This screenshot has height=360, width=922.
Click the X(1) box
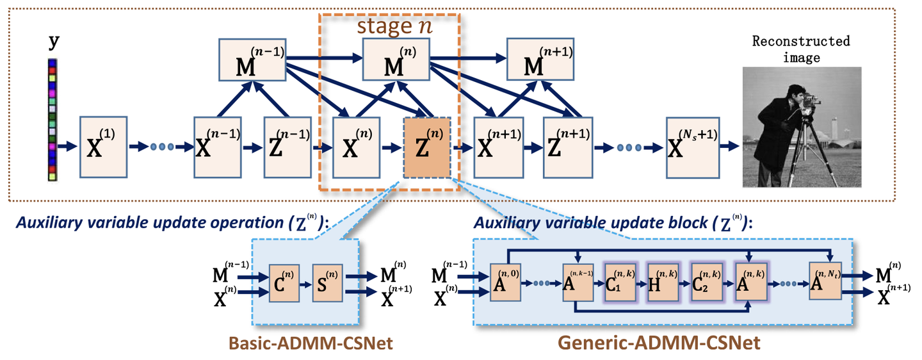coord(104,147)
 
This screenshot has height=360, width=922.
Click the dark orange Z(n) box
coord(428,147)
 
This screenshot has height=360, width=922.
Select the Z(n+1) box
coord(568,147)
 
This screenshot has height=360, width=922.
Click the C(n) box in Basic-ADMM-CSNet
coord(284,281)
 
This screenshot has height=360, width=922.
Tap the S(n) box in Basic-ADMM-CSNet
coord(328,281)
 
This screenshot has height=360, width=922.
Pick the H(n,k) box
coord(662,281)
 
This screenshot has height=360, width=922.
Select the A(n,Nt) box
coord(825,281)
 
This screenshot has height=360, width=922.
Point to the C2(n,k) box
coord(706,281)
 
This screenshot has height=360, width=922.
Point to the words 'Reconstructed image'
coord(801,49)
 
